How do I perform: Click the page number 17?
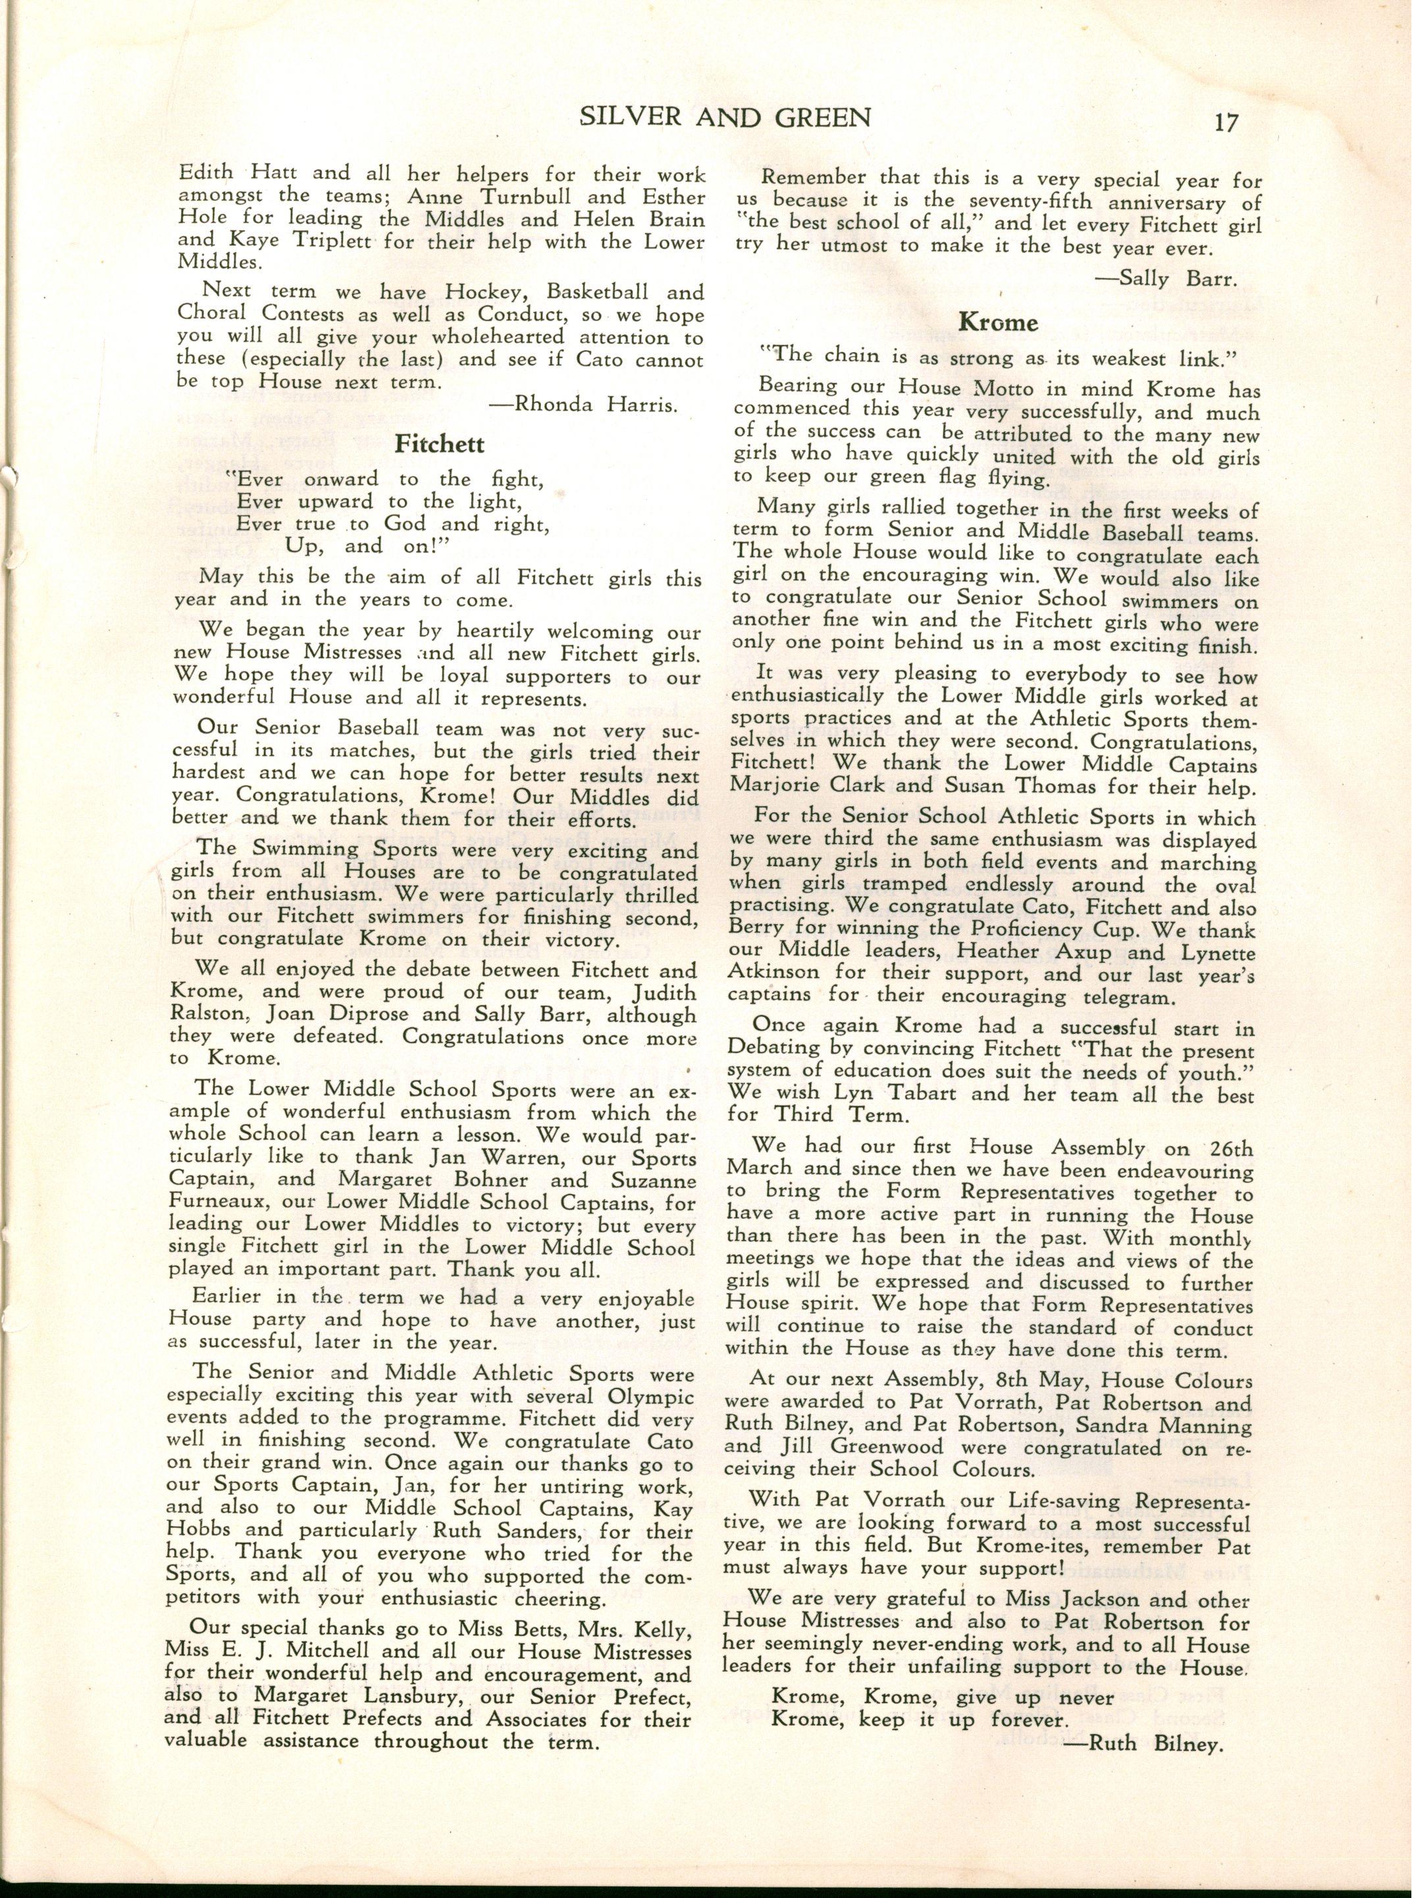[x=1226, y=122]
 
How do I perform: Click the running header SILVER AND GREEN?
[x=725, y=117]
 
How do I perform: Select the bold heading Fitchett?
[x=439, y=444]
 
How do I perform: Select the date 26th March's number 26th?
[x=1232, y=1148]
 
